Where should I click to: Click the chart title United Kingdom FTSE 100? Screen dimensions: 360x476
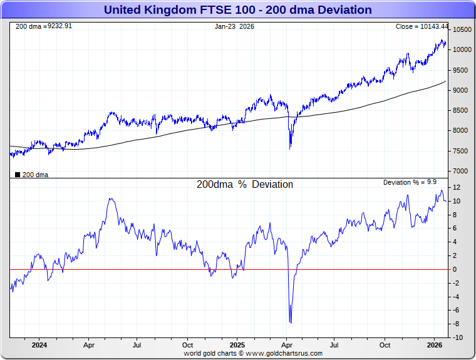(237, 10)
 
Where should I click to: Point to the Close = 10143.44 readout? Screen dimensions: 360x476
(422, 26)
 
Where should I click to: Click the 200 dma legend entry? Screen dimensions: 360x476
(32, 175)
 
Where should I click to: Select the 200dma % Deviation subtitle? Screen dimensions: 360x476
(245, 185)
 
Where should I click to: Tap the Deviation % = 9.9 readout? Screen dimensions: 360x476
(410, 182)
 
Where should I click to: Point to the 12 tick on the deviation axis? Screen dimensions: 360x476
(457, 188)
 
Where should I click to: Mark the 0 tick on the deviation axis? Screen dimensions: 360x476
(455, 270)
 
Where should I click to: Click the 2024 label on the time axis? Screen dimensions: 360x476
(39, 345)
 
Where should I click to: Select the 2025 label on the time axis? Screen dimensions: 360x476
(237, 345)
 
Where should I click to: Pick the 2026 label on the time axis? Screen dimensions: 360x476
(435, 345)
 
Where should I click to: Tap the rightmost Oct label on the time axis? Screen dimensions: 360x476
(385, 345)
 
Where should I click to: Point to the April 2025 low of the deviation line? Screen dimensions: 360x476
(290, 322)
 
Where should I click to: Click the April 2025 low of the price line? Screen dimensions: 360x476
(290, 148)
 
